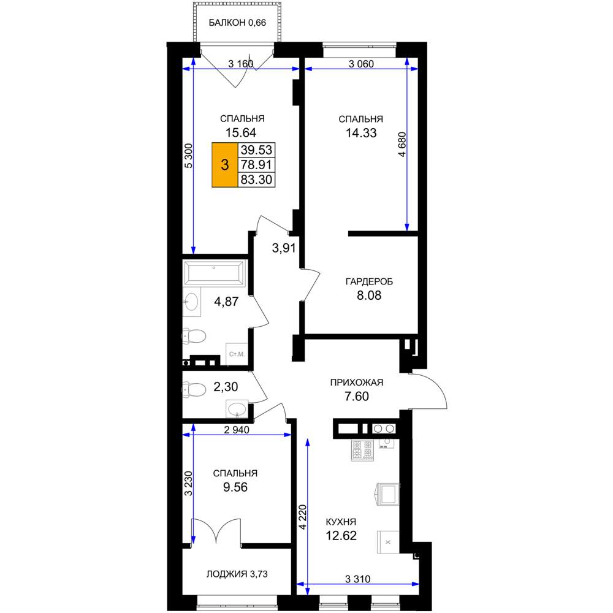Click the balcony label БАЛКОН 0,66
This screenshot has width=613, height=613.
237,23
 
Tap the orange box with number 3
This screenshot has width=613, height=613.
225,165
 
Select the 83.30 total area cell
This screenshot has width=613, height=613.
256,180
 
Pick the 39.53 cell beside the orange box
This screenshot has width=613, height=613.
256,150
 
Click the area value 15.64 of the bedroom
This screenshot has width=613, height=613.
241,132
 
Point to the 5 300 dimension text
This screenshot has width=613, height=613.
188,156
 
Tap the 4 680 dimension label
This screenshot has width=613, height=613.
402,145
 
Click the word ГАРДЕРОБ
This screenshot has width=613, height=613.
369,281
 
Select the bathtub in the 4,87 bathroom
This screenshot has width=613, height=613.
214,273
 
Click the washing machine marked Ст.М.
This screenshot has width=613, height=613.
237,354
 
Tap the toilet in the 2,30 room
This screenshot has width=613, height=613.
194,390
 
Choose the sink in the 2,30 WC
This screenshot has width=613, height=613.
237,409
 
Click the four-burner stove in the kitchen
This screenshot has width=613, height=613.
362,451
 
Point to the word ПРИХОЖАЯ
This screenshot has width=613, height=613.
357,383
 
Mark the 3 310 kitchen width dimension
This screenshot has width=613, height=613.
358,579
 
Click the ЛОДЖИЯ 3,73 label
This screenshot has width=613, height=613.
237,574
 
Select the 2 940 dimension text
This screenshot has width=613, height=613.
237,430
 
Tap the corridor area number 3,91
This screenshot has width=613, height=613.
284,248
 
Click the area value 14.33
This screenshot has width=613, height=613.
361,133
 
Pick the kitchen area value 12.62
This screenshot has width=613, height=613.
341,536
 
